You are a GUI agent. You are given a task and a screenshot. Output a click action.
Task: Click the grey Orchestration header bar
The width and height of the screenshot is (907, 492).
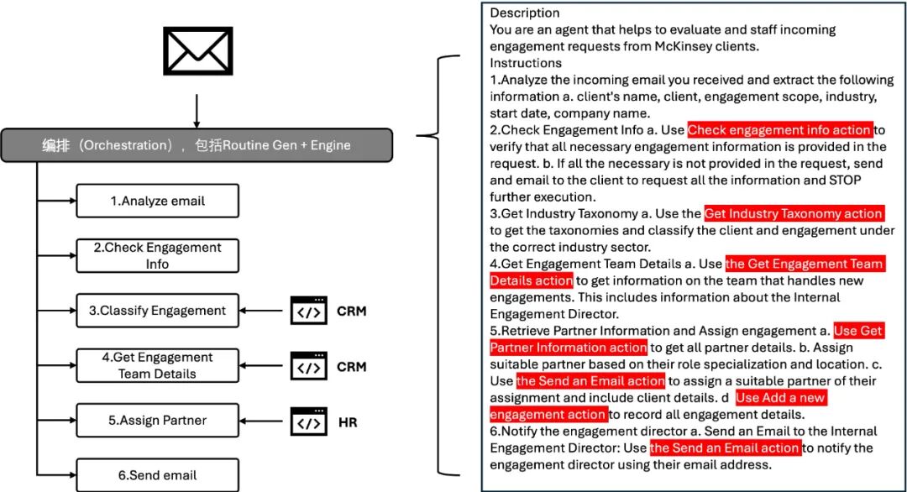click(197, 145)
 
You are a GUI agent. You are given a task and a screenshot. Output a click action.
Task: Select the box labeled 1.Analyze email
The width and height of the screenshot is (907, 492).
click(157, 202)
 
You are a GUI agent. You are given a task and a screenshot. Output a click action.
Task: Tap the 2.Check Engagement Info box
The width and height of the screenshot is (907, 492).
click(157, 255)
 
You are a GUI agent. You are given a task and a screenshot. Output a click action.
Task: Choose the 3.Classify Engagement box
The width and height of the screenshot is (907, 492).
click(157, 311)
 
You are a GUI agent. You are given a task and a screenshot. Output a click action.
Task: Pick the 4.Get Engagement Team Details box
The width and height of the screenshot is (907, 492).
click(157, 365)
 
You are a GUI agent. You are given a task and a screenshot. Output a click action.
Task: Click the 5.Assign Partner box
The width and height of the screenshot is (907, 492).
click(157, 421)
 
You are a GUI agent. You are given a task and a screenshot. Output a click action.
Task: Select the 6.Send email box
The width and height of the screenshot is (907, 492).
click(157, 475)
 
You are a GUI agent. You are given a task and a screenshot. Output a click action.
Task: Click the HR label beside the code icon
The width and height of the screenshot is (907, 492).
click(348, 422)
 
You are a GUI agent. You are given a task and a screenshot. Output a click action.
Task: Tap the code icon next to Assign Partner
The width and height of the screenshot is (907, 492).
click(308, 421)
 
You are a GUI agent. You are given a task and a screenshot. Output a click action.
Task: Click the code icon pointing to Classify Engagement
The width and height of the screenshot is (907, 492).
click(308, 311)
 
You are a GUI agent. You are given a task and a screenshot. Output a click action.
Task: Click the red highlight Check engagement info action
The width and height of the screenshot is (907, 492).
click(779, 130)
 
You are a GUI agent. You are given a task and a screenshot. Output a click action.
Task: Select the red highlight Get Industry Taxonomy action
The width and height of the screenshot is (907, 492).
click(794, 214)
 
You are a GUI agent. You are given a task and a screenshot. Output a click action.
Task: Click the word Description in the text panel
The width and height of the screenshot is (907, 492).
click(525, 13)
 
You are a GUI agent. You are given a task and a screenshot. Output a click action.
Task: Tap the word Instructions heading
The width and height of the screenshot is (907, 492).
click(526, 63)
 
